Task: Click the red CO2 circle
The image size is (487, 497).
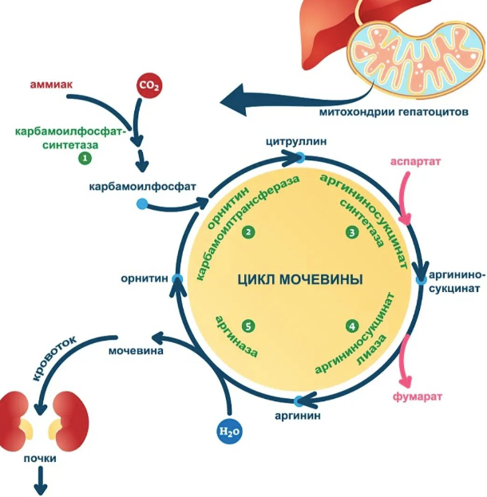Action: [x=149, y=85]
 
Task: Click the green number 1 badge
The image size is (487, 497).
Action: [x=84, y=159]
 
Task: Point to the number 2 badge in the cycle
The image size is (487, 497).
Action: [x=249, y=231]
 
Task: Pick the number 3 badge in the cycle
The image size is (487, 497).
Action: [x=351, y=232]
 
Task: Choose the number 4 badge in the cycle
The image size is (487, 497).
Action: [x=351, y=325]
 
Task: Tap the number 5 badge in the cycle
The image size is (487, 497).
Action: [x=249, y=326]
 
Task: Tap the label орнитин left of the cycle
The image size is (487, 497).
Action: [x=145, y=278]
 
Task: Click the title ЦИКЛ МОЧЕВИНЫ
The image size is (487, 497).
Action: [x=300, y=280]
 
